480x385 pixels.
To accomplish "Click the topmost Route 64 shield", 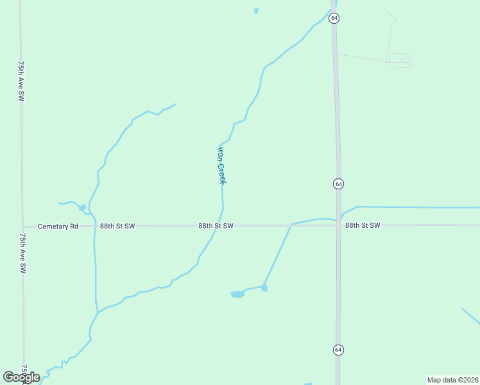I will pyautogui.click(x=334, y=18).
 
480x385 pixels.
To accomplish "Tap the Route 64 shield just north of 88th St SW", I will pyautogui.click(x=338, y=184).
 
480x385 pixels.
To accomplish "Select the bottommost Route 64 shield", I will pyautogui.click(x=338, y=349).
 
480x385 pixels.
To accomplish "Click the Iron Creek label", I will pyautogui.click(x=221, y=165).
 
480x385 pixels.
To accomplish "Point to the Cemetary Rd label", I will pyautogui.click(x=58, y=226).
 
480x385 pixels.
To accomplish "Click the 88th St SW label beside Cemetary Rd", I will pyautogui.click(x=117, y=226).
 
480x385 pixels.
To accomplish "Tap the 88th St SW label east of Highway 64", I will pyautogui.click(x=363, y=225).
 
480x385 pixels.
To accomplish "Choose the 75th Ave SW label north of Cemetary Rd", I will pyautogui.click(x=21, y=81).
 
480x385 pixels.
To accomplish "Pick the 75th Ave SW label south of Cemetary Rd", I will pyautogui.click(x=21, y=254).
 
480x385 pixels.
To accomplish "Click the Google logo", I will pyautogui.click(x=21, y=377).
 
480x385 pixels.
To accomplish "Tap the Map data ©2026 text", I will pyautogui.click(x=452, y=379).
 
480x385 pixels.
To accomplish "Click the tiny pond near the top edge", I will pyautogui.click(x=256, y=11).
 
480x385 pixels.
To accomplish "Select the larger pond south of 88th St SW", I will pyautogui.click(x=237, y=295).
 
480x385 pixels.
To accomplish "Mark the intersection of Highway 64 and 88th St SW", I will pyautogui.click(x=338, y=225).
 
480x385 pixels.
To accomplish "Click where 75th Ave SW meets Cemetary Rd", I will pyautogui.click(x=22, y=226).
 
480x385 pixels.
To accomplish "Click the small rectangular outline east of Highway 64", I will pyautogui.click(x=399, y=60).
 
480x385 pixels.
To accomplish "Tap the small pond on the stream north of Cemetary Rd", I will pyautogui.click(x=82, y=207).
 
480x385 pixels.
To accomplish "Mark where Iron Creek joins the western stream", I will pyautogui.click(x=98, y=312).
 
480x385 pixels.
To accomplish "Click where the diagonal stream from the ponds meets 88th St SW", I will pyautogui.click(x=291, y=225).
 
